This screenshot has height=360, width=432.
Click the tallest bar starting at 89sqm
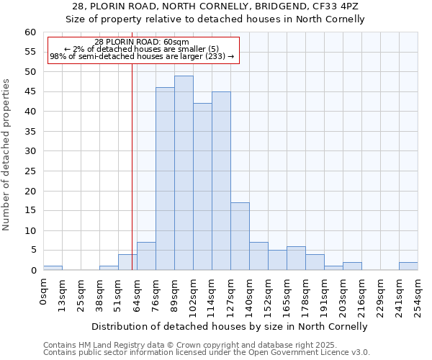click(184, 173)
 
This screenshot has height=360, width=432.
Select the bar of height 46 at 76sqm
click(165, 179)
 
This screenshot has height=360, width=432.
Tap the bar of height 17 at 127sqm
click(240, 236)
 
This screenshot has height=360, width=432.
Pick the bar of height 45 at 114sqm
click(221, 181)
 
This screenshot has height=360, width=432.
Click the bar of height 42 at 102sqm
click(202, 186)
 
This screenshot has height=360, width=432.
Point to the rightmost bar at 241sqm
click(408, 266)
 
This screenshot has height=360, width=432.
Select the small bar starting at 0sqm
click(53, 268)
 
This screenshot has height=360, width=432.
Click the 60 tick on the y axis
click(30, 32)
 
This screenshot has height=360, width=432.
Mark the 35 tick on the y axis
click(30, 132)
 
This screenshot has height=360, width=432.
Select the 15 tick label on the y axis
click(30, 211)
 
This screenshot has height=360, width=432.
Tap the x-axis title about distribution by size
click(230, 326)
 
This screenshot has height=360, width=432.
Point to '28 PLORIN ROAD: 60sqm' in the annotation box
click(142, 42)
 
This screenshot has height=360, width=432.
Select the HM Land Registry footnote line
click(184, 345)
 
